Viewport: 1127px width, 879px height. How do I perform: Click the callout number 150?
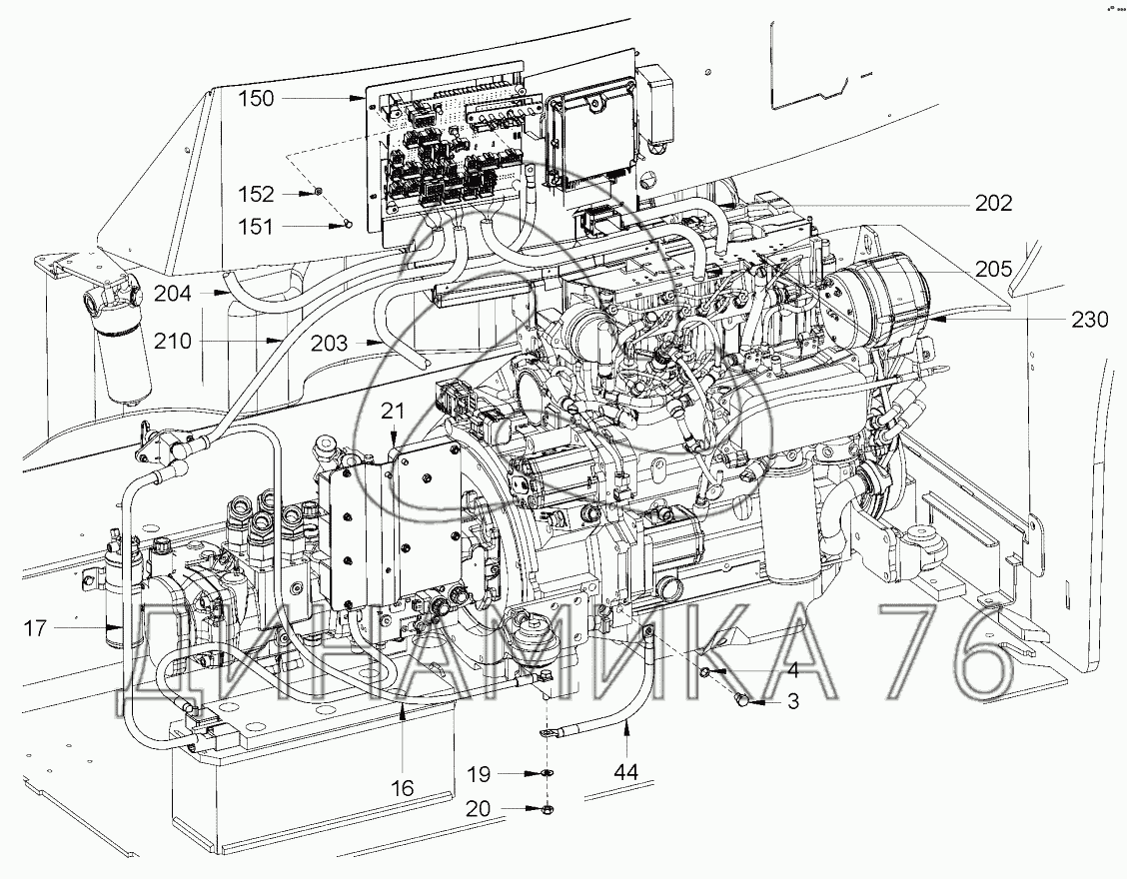[257, 98]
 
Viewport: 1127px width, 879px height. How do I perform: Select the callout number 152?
[257, 194]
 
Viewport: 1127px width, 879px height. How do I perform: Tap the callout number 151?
[257, 227]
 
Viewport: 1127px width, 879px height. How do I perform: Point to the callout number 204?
[173, 294]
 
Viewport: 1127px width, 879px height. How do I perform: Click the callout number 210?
[173, 340]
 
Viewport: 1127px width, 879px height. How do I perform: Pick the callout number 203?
[329, 343]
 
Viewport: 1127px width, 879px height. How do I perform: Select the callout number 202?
[994, 204]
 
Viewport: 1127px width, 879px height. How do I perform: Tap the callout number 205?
[994, 269]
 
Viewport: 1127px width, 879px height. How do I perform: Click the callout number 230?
[1090, 319]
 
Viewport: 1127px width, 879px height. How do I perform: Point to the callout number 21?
[394, 412]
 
